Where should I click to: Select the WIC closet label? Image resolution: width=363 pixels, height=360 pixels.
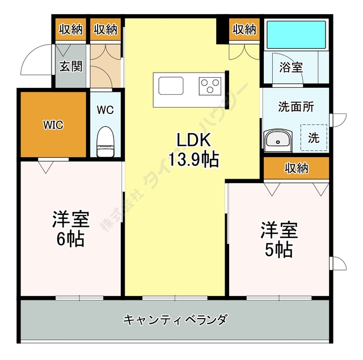(x=53, y=125)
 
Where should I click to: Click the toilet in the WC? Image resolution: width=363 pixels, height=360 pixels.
(x=105, y=140)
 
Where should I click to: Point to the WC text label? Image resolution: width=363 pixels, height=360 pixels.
(x=105, y=110)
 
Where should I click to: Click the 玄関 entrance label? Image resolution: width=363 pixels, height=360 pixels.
(x=70, y=66)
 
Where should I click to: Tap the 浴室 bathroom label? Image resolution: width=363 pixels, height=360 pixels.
(x=291, y=67)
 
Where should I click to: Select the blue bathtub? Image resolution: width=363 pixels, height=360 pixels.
(x=296, y=36)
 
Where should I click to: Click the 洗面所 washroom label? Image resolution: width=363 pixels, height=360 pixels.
(x=295, y=106)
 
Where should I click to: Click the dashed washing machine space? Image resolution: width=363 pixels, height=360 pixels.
(x=314, y=137)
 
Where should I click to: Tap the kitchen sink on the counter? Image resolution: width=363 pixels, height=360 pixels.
(x=171, y=86)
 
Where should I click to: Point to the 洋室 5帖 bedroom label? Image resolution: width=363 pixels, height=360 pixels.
(x=278, y=239)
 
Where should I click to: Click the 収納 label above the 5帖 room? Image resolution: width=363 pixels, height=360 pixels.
(x=296, y=168)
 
